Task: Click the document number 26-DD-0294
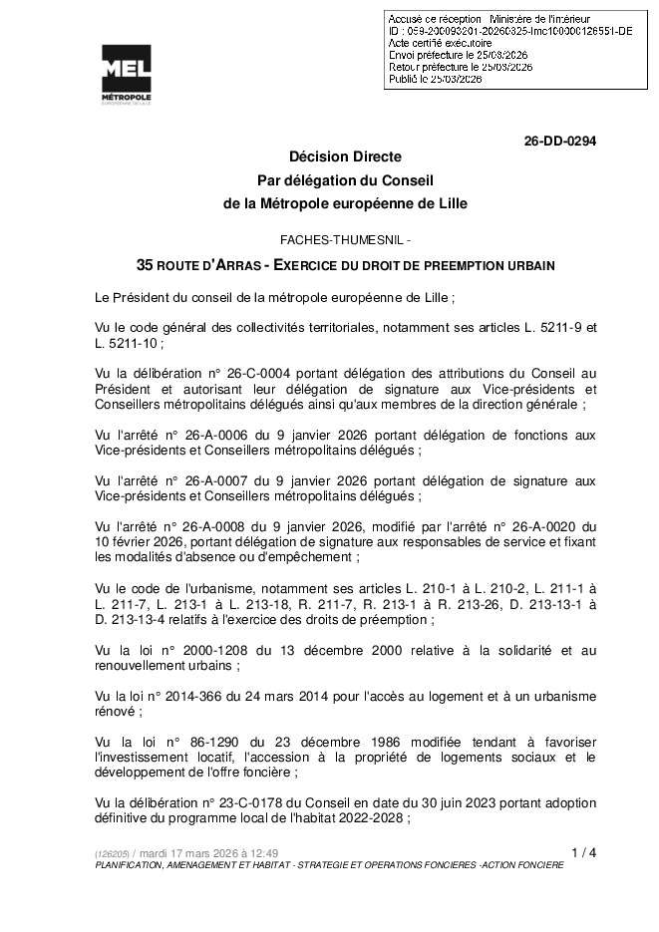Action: tap(560, 142)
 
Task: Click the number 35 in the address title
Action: tap(145, 266)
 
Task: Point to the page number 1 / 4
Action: tap(584, 852)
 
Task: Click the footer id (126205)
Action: tap(111, 853)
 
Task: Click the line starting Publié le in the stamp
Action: tap(435, 77)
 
